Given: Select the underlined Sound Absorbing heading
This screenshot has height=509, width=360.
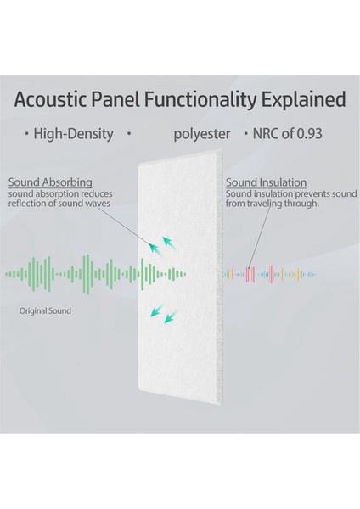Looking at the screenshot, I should (49, 182).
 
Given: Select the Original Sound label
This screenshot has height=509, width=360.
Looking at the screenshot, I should (46, 311).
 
